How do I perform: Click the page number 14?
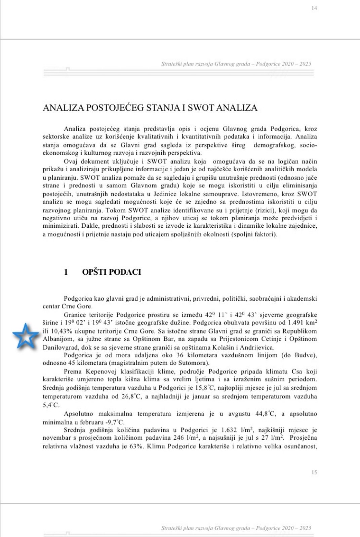(x=314, y=8)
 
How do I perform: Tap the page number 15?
(x=314, y=472)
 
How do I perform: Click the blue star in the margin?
(x=26, y=337)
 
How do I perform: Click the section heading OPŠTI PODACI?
(x=111, y=272)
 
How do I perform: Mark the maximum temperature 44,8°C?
(x=265, y=414)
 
